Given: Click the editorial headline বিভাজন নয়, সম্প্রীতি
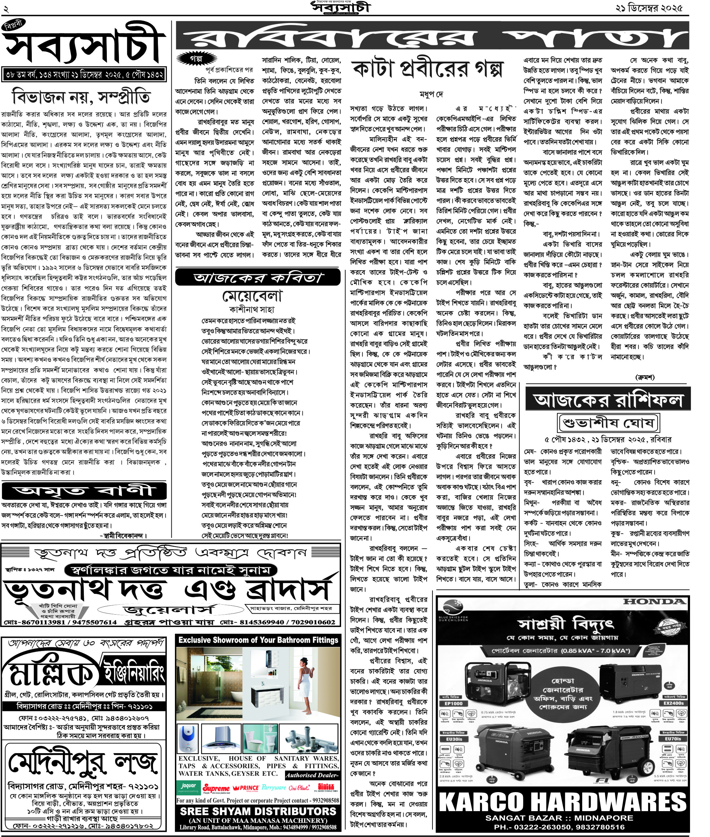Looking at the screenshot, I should [x=82, y=97].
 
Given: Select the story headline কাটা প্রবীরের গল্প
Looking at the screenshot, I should [x=428, y=70].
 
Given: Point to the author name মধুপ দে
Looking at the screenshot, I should [x=431, y=95].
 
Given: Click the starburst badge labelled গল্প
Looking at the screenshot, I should [x=196, y=59].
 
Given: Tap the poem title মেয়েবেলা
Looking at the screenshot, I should [x=252, y=296].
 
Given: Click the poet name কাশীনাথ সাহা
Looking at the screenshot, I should [x=252, y=310].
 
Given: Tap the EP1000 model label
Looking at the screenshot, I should [x=453, y=703].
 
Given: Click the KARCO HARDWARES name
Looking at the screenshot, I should [x=562, y=802].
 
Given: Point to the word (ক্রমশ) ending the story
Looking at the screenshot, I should [x=645, y=377].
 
